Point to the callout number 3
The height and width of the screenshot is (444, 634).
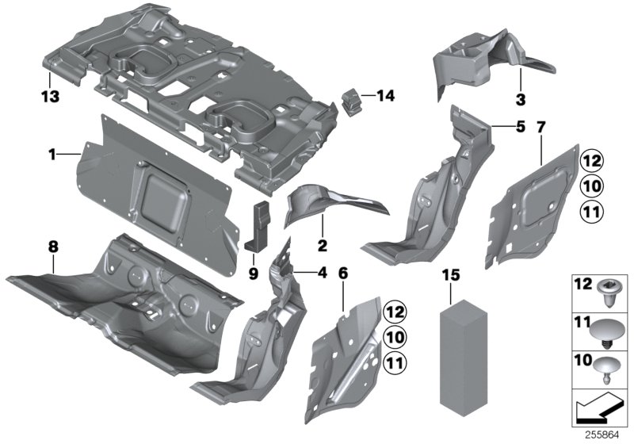519,99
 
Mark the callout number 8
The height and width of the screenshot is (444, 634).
52,247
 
